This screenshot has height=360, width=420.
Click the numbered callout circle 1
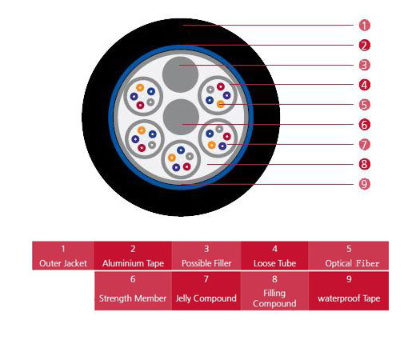point(364,26)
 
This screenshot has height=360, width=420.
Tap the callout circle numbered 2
point(364,46)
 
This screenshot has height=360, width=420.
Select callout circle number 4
point(364,85)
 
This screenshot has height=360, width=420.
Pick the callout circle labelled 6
point(364,125)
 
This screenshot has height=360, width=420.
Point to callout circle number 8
point(364,164)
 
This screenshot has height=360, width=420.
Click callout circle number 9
point(364,184)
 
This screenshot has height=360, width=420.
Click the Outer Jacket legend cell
point(63,255)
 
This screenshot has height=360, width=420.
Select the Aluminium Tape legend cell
point(133,255)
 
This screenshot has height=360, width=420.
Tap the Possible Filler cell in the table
point(206,255)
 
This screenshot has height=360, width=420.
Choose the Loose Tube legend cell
point(274,255)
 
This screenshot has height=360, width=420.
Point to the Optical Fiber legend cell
point(349,255)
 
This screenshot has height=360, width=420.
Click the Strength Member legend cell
point(133,291)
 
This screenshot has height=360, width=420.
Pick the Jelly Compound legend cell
point(206,291)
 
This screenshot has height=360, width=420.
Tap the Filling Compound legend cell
point(274,291)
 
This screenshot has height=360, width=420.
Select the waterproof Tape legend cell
point(349,291)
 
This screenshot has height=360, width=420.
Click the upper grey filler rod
point(180,74)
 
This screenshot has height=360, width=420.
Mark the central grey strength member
point(181,117)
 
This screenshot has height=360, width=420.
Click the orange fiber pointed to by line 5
point(221,104)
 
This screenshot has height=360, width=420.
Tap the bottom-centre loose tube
point(181,159)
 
